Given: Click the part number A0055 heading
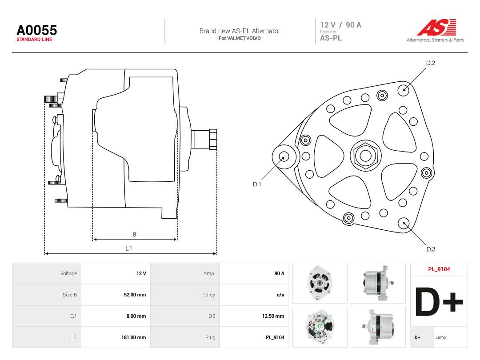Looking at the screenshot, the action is (x=37, y=30).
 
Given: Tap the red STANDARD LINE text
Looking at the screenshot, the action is (x=34, y=40).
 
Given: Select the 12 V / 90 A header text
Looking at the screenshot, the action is (x=341, y=25).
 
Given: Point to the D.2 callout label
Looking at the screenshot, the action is (x=430, y=63).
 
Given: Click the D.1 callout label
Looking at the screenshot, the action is (x=257, y=184).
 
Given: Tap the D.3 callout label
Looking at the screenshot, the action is (x=431, y=249).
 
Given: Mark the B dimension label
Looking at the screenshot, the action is (x=135, y=235).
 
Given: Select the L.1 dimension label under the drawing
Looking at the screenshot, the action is (x=128, y=248).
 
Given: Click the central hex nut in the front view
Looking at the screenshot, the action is (x=365, y=155).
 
